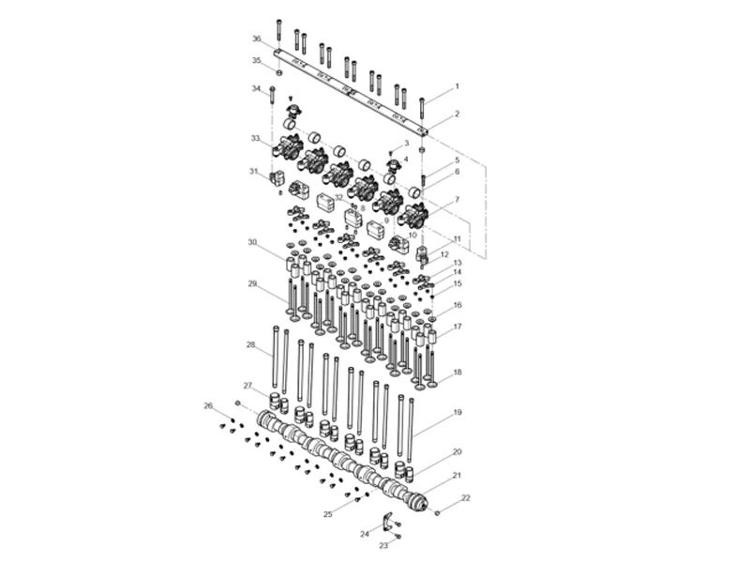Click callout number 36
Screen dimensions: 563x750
256,38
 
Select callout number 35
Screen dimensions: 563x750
256,61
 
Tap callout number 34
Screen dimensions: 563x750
256,88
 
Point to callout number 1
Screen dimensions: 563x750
457,86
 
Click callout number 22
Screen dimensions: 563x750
466,497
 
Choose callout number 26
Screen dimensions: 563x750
208,405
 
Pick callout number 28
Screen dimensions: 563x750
250,345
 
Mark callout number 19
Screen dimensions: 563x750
457,412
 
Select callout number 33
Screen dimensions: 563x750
255,138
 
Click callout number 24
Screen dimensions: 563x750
365,533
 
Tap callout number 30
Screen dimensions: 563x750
252,242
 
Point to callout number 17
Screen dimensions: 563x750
457,327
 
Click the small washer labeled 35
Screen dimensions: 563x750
279,71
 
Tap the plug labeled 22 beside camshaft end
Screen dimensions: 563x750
437,512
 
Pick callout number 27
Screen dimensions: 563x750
247,386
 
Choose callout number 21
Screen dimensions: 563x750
457,476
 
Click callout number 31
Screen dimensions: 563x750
252,171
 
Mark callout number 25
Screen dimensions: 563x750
328,514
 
